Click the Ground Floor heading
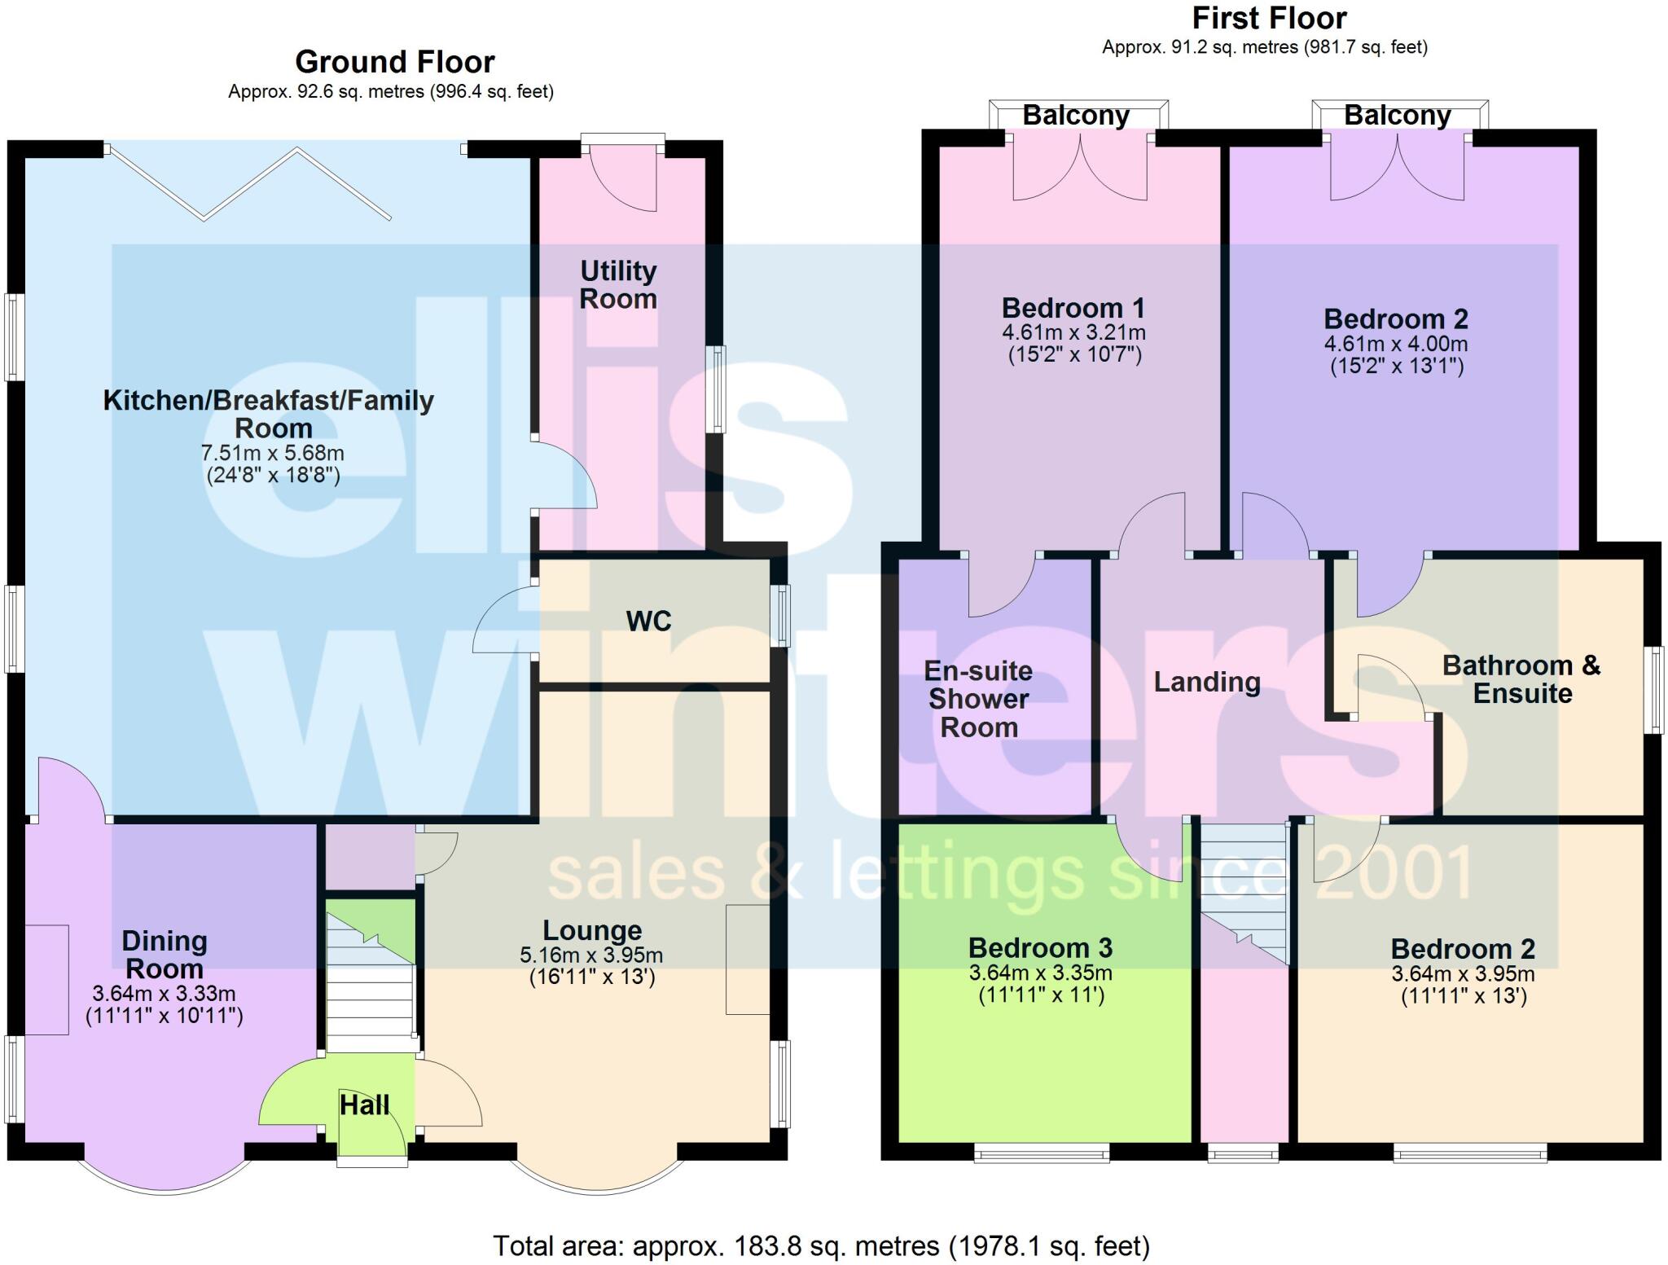coord(394,63)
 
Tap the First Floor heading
coord(1269,18)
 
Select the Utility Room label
coord(618,284)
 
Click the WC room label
coord(648,622)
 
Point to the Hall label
coord(364,1105)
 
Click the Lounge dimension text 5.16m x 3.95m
coord(591,955)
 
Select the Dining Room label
coord(164,955)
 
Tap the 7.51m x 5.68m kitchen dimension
coord(272,453)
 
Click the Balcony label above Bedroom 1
coord(1075,116)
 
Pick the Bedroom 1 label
coord(1073,308)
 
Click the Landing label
coord(1207,682)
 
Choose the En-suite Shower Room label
coord(978,699)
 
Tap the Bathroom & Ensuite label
coord(1521,679)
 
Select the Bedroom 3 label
coord(1040,948)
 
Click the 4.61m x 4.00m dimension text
coord(1396,344)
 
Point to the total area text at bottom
coord(821,1246)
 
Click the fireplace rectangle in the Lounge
coord(748,959)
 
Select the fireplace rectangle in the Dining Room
coord(46,979)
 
